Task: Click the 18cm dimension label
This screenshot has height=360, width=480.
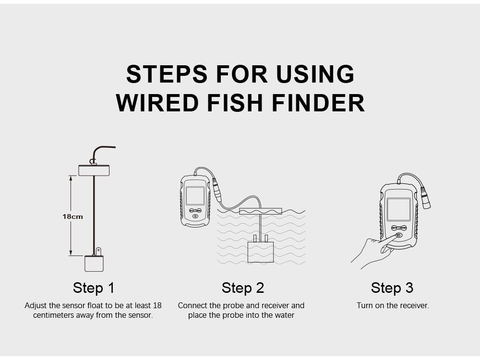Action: pos(72,216)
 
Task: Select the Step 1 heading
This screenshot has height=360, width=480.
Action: pos(94,288)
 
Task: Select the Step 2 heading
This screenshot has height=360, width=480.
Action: pos(243,288)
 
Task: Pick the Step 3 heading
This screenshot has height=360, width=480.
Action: pos(392,288)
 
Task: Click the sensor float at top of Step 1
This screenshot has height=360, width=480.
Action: pos(94,170)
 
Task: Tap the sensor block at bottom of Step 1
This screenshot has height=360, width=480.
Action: pos(94,264)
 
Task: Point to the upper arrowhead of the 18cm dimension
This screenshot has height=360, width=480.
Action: pos(71,178)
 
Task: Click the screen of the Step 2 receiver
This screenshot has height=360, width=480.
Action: pos(195,196)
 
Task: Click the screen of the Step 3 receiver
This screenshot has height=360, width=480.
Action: pos(399,209)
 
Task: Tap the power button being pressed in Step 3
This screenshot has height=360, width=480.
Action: pos(399,236)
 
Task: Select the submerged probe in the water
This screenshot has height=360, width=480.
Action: pos(260,252)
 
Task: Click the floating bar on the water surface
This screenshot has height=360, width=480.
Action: pos(260,211)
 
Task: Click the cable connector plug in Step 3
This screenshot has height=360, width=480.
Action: pos(425,197)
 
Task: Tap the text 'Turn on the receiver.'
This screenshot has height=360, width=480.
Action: pos(393,305)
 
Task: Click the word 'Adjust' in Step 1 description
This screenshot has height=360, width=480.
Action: pos(36,305)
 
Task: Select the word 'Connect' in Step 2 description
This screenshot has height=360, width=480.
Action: pos(191,305)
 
